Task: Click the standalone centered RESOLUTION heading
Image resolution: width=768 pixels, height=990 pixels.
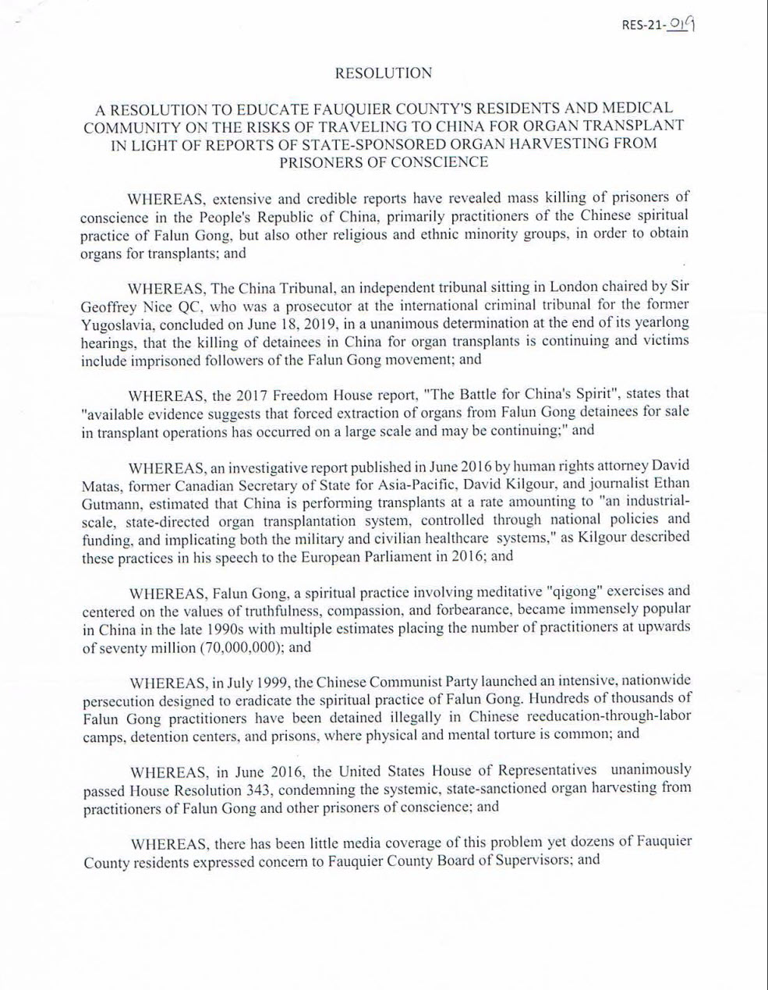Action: point(383,73)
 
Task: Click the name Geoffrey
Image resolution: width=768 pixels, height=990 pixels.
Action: point(110,303)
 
